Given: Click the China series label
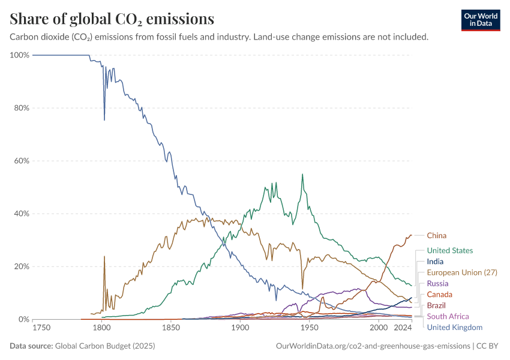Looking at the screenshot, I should click(x=436, y=235).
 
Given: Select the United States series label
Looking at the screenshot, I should click(x=449, y=250).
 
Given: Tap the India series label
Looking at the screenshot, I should click(x=435, y=262).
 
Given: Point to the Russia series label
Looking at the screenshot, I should click(x=437, y=283).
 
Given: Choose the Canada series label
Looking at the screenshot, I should click(x=439, y=294).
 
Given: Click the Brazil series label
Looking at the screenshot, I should click(x=436, y=305).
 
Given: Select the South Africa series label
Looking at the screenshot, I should click(x=448, y=316).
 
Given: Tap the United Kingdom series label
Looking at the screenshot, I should click(x=454, y=327).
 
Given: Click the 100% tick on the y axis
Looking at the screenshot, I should click(x=20, y=55).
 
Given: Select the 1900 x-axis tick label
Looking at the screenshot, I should click(x=240, y=328).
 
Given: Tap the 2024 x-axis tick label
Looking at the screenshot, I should click(x=403, y=328).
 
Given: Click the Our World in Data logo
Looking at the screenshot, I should click(x=481, y=19).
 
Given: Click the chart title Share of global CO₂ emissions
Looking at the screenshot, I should click(x=112, y=19).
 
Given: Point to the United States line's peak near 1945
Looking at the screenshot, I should click(x=302, y=175).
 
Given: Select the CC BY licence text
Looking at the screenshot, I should click(x=488, y=346).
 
